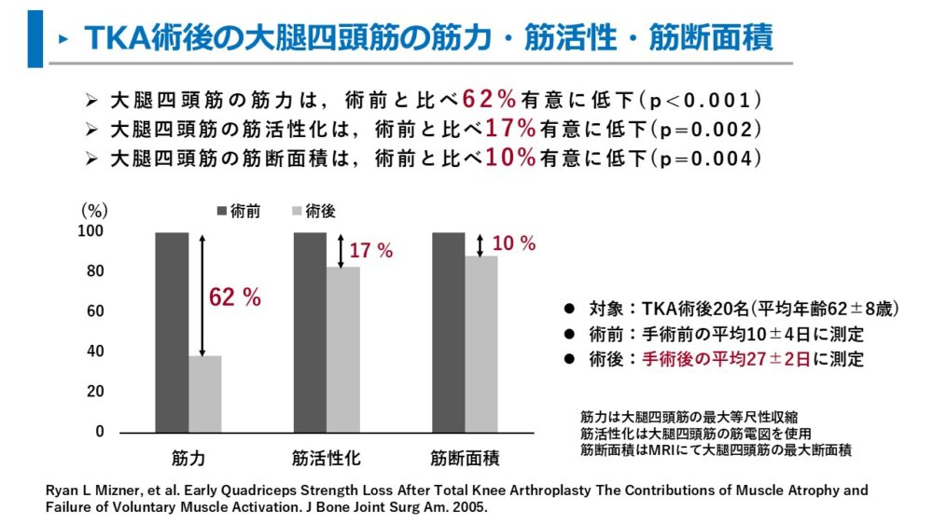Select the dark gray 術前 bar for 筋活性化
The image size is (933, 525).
[310, 332]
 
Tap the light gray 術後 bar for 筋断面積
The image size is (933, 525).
[482, 343]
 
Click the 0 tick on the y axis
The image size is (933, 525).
[99, 432]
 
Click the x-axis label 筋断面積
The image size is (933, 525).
[465, 459]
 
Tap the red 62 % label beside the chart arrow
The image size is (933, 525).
[235, 297]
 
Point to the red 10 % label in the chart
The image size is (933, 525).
[513, 244]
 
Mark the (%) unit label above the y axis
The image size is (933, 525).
[94, 211]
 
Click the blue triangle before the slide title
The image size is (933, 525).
[62, 39]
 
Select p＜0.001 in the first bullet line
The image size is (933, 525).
[700, 99]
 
